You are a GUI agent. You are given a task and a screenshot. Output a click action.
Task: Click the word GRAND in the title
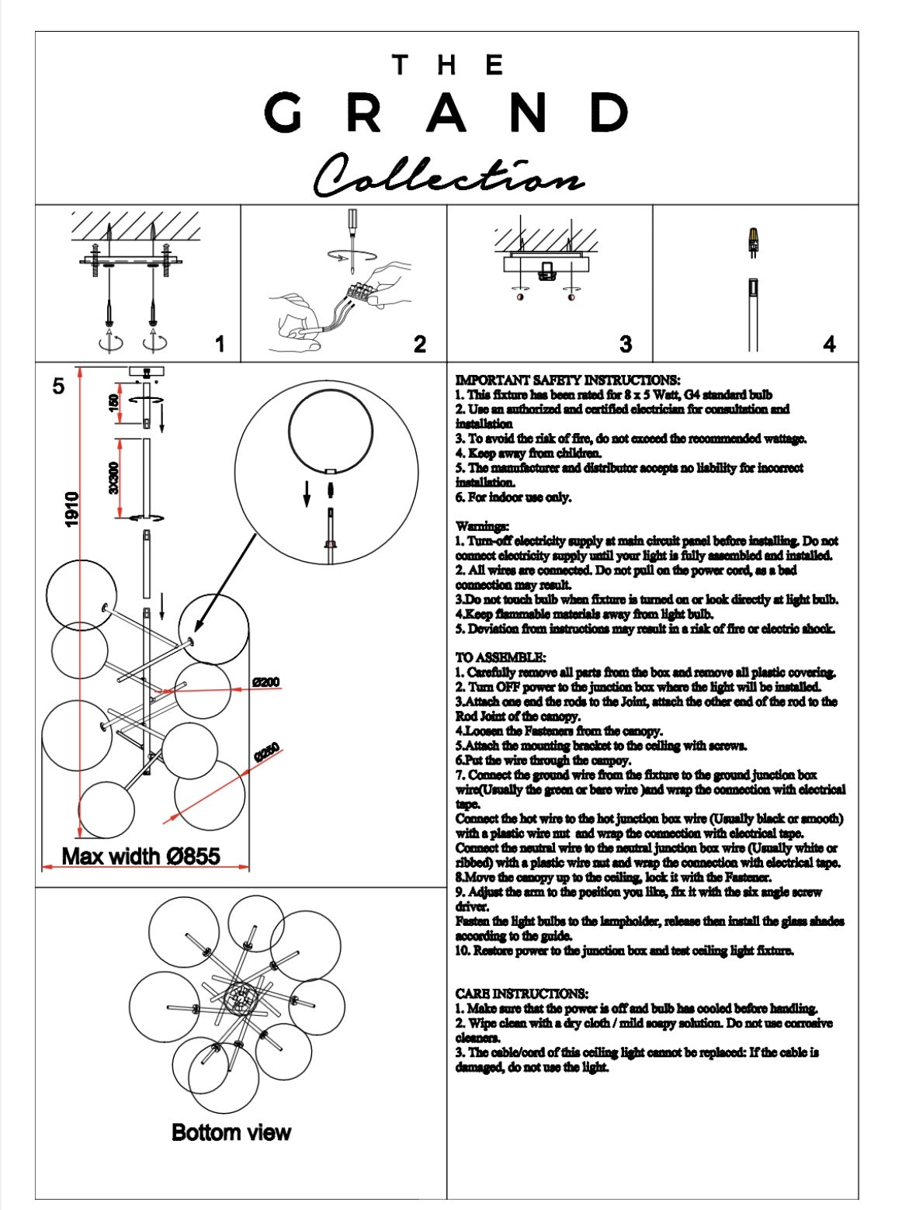tap(446, 113)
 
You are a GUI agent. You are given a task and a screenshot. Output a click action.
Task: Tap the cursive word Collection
tap(448, 176)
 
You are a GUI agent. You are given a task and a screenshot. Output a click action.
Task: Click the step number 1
tap(220, 344)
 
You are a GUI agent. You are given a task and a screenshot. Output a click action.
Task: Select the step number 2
tap(420, 344)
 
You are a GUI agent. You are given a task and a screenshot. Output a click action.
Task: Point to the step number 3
tap(626, 344)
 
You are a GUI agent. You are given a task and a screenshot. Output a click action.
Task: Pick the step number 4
tap(830, 344)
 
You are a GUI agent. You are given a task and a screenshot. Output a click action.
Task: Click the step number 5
tap(59, 386)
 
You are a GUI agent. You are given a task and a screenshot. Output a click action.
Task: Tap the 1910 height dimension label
tap(72, 509)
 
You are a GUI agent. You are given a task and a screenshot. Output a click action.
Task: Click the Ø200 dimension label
tap(266, 682)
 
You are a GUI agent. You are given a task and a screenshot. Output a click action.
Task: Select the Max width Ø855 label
tap(141, 856)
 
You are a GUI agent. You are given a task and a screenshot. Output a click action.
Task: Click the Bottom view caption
tap(231, 1132)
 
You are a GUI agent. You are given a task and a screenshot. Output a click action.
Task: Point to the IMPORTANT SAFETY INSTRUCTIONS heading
tap(567, 380)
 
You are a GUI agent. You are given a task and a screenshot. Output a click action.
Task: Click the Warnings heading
tap(482, 526)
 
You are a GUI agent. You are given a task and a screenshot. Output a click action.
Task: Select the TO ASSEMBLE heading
tap(501, 657)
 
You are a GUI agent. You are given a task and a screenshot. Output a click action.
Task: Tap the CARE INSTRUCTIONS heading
tap(522, 993)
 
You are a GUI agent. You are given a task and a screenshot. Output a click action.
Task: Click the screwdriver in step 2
tap(352, 233)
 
